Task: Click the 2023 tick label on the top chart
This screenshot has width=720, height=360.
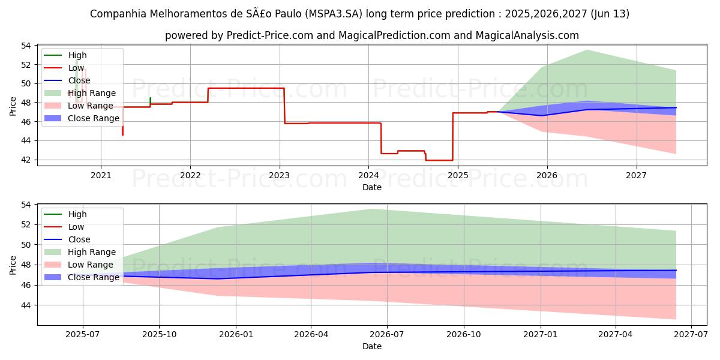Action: (280, 175)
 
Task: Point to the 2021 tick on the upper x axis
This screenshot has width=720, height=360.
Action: (101, 175)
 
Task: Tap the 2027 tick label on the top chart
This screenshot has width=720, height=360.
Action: (636, 175)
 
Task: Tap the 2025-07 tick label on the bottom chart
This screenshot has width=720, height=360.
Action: (83, 334)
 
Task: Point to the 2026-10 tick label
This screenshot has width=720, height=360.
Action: (464, 334)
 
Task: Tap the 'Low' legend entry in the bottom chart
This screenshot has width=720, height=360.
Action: (76, 227)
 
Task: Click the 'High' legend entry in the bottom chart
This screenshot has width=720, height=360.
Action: (77, 214)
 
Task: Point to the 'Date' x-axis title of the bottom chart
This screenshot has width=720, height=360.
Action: (372, 346)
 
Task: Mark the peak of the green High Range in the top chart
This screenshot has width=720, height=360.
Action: (587, 50)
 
